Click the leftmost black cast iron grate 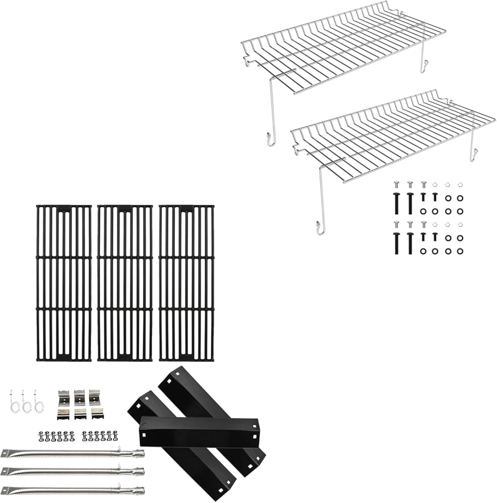pyautogui.click(x=64, y=283)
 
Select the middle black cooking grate pyautogui.click(x=125, y=283)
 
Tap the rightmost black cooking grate pyautogui.click(x=186, y=283)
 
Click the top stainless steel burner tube pyautogui.click(x=72, y=453)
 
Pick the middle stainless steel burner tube pyautogui.click(x=72, y=471)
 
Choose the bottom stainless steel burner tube pyautogui.click(x=72, y=490)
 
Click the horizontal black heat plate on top pyautogui.click(x=199, y=432)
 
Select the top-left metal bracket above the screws pyautogui.click(x=63, y=397)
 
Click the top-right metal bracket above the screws pyautogui.click(x=95, y=397)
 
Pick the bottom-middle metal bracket pyautogui.click(x=80, y=414)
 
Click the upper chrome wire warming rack pyautogui.click(x=343, y=47)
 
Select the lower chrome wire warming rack pyautogui.click(x=393, y=135)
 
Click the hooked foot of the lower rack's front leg pyautogui.click(x=320, y=228)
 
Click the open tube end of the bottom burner pyautogui.click(x=140, y=490)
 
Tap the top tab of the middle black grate pyautogui.click(x=125, y=209)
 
